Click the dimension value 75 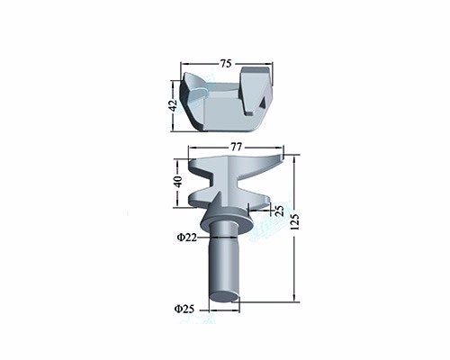point(226,64)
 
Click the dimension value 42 point(173,105)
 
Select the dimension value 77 point(236,147)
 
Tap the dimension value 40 point(178,182)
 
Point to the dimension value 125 point(294,221)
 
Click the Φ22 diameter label point(186,238)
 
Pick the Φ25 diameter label point(184,309)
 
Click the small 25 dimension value point(279,211)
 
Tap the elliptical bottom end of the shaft point(224,296)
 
